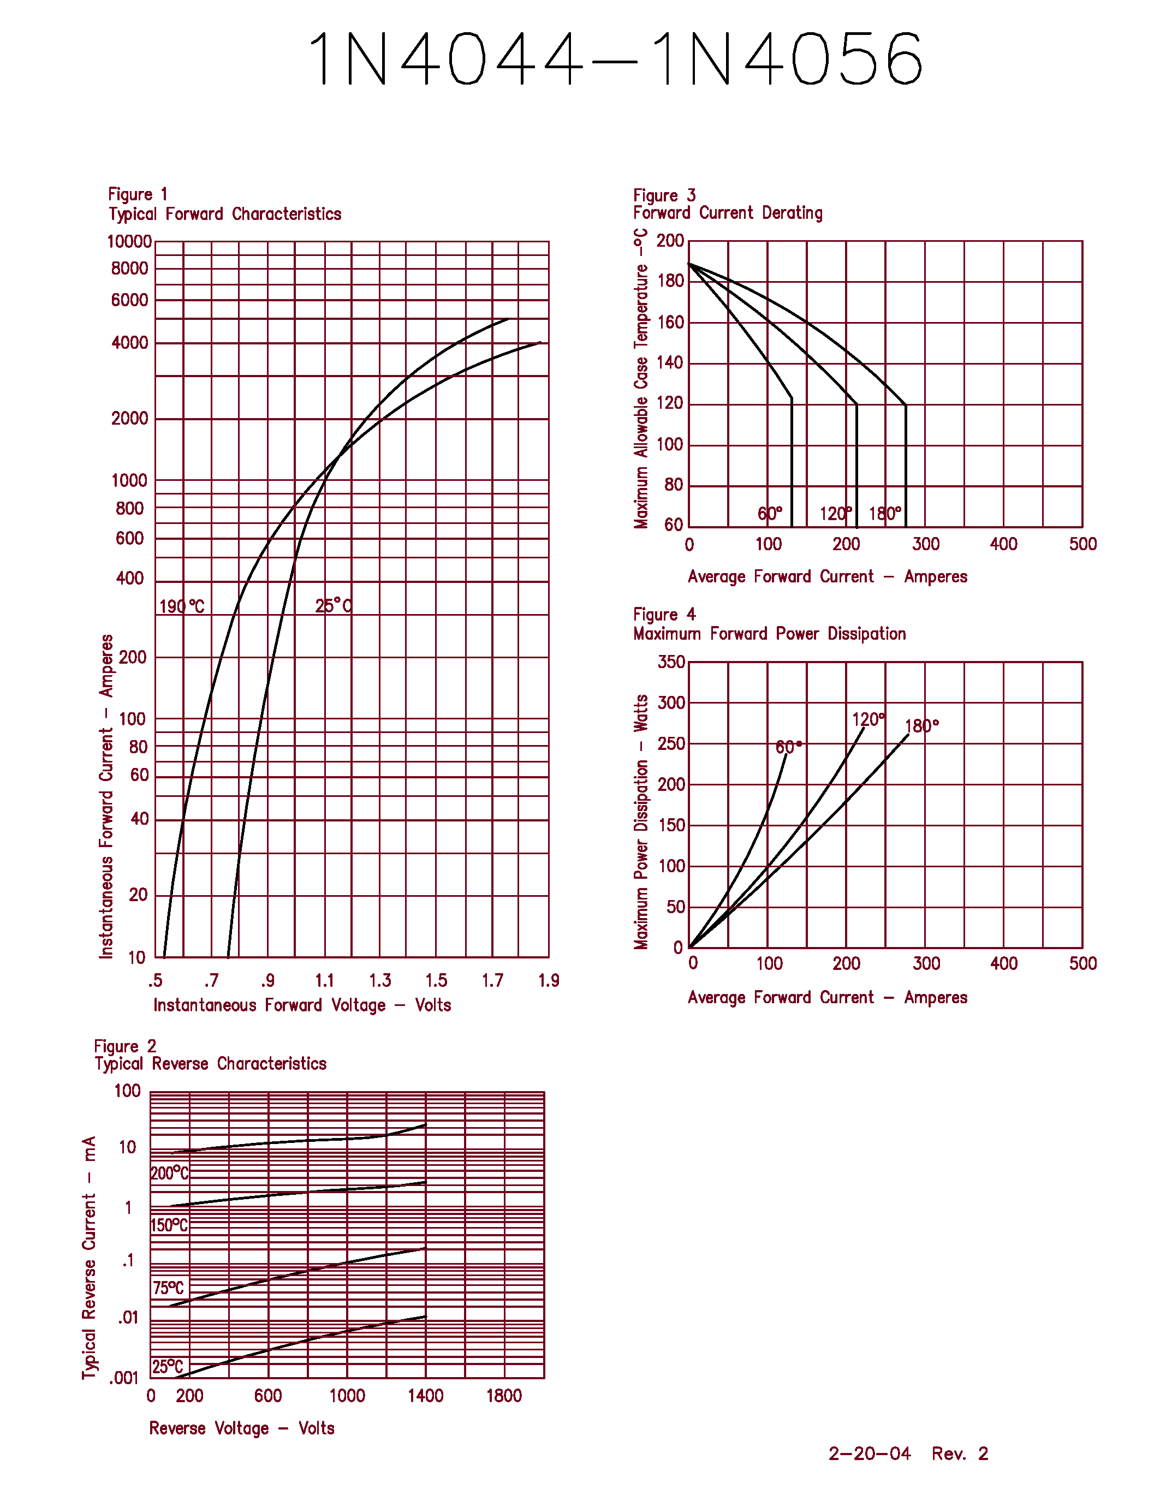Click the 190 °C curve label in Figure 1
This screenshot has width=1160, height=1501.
(x=181, y=606)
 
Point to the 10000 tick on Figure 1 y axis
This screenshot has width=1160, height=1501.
(x=129, y=241)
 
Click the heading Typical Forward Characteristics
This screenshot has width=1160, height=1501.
(x=225, y=214)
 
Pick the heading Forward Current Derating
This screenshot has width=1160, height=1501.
(x=727, y=212)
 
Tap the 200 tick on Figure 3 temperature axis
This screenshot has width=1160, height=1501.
(x=670, y=241)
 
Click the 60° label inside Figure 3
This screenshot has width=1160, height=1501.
(x=770, y=514)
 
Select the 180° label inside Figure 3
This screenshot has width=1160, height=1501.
(x=884, y=514)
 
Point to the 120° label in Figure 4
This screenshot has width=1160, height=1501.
(x=868, y=719)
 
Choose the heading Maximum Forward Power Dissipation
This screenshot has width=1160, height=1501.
(x=769, y=633)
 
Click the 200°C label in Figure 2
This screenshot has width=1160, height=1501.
(x=170, y=1172)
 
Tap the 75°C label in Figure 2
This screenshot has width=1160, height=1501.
(x=168, y=1287)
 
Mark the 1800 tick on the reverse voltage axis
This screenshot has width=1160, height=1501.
(x=504, y=1395)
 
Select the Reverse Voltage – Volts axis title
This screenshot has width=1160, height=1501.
(x=241, y=1428)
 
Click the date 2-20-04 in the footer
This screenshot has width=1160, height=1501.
(x=869, y=1454)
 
